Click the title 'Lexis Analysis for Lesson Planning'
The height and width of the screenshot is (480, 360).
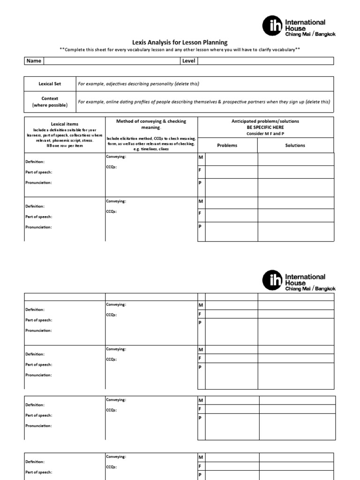pos(180,42)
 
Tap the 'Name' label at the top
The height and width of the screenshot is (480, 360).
pos(34,61)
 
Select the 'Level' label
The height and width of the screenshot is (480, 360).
pos(188,61)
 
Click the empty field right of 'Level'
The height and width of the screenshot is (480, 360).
pos(265,61)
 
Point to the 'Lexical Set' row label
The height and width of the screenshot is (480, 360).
pos(50,83)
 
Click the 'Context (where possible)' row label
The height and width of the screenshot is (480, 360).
pos(50,102)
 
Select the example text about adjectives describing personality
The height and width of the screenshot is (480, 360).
pos(138,83)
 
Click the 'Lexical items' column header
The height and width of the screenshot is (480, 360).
pos(65,124)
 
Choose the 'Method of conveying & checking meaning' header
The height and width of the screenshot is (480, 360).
pos(151,124)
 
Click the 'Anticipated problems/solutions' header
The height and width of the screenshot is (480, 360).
pos(265,121)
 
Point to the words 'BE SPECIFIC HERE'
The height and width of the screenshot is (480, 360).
pos(265,127)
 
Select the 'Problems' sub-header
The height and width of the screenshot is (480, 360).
pos(227,145)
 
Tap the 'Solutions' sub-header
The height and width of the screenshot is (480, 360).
pos(295,145)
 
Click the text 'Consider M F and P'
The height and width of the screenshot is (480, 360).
pos(265,133)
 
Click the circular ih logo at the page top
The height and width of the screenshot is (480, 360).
pos(272,26)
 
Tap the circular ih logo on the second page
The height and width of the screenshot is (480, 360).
pos(272,281)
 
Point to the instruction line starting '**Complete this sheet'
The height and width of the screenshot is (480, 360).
pos(180,50)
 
